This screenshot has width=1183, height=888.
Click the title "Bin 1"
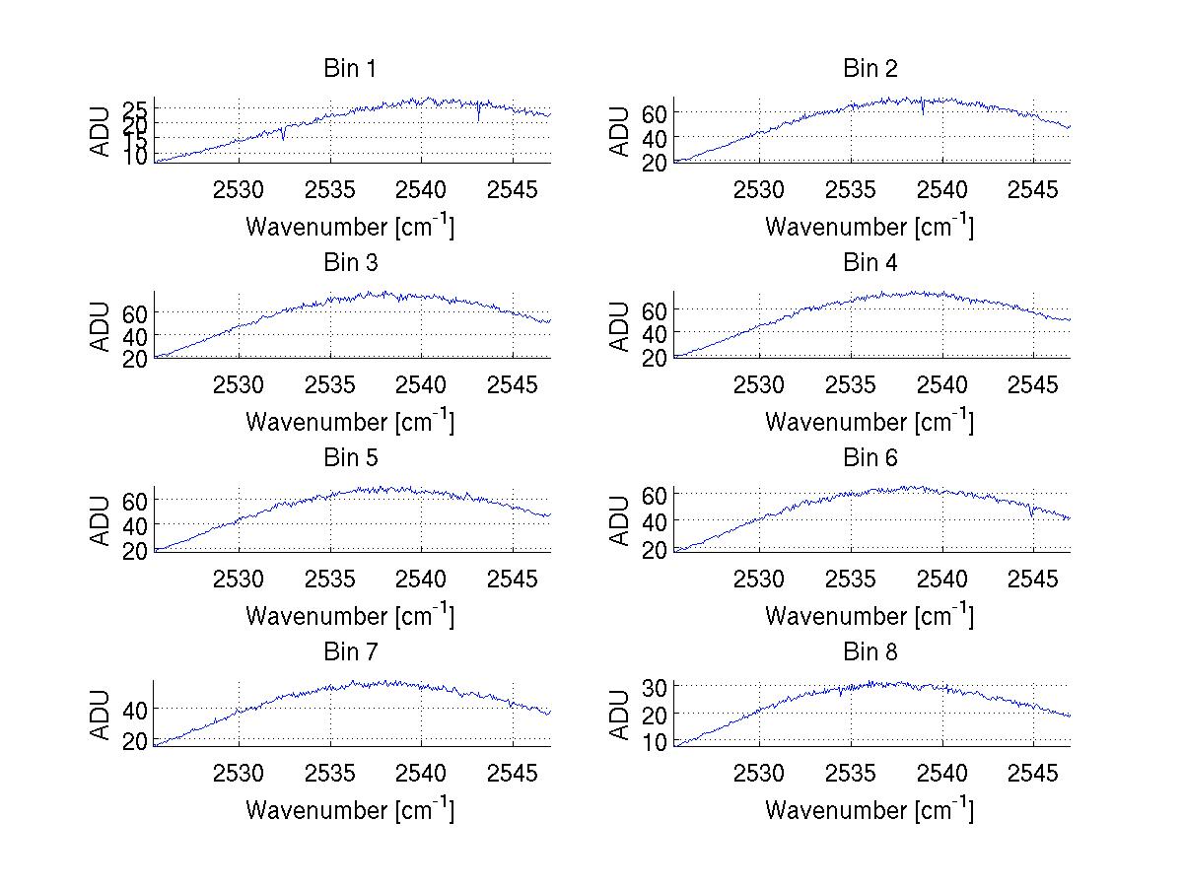(350, 69)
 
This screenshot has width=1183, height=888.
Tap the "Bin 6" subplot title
(870, 458)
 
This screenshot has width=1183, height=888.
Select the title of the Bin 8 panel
(870, 652)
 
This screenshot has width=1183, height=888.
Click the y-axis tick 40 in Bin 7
(135, 709)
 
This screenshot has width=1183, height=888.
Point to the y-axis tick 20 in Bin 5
(135, 549)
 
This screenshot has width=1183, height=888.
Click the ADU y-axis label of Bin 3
(100, 326)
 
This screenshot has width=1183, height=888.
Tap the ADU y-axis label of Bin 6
(619, 520)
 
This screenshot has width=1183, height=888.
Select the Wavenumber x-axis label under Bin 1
(350, 227)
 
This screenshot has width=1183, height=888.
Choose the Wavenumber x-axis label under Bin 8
(870, 810)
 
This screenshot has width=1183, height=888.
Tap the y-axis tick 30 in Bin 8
(655, 685)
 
